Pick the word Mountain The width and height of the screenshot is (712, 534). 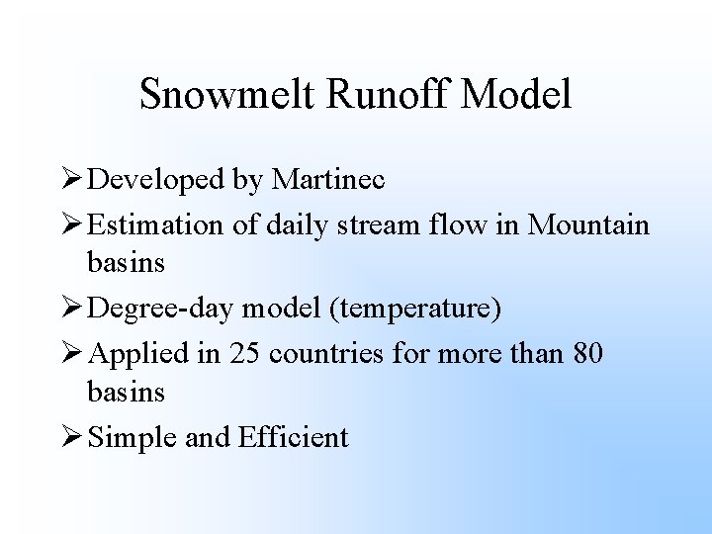(x=589, y=224)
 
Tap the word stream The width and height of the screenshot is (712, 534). (x=369, y=224)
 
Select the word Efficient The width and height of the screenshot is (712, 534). (x=294, y=436)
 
